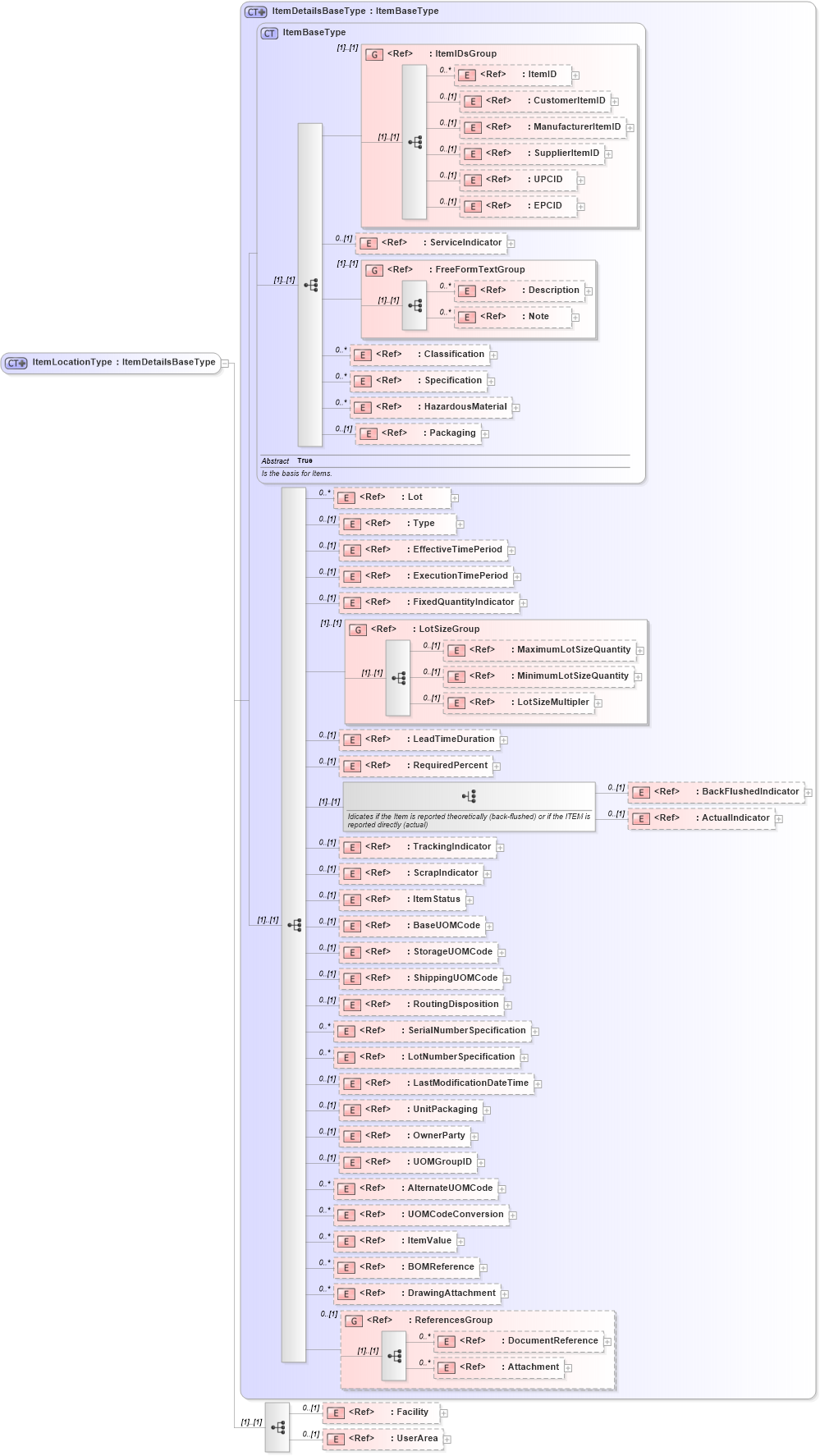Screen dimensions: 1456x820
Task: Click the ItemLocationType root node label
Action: (123, 362)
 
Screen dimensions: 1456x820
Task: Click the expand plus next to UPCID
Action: (581, 181)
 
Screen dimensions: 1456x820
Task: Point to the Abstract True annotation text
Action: (287, 460)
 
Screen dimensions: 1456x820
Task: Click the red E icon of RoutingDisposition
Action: (352, 1005)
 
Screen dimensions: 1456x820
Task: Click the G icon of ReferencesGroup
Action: (354, 1321)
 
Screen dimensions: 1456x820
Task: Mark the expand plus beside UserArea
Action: (447, 1440)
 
